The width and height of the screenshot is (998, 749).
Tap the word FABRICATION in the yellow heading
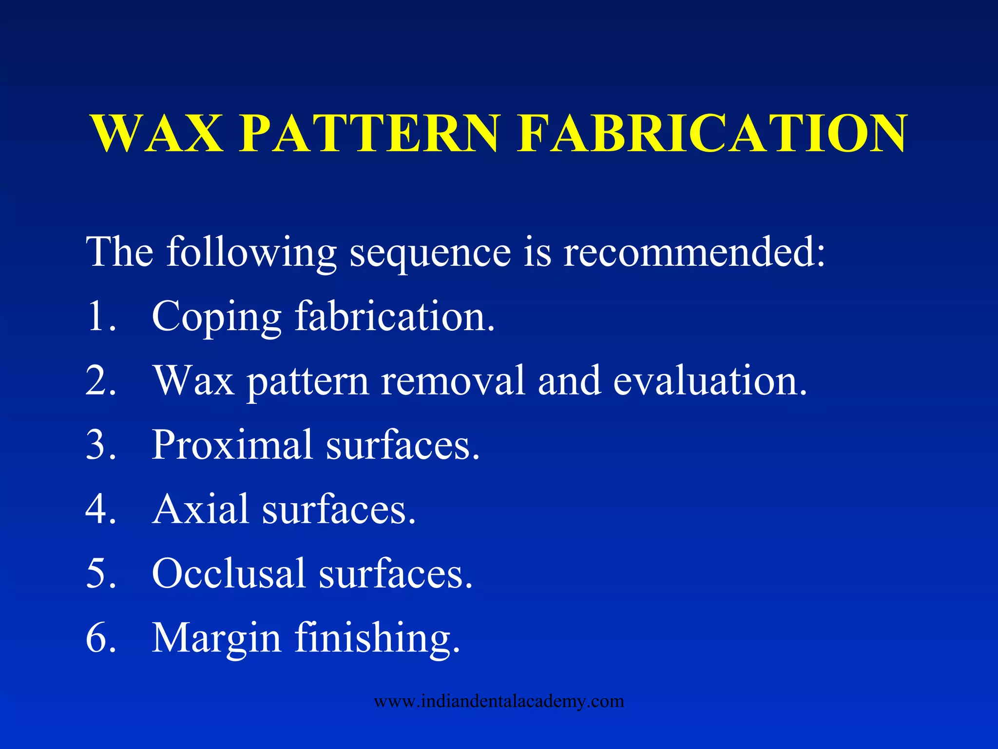[x=712, y=133]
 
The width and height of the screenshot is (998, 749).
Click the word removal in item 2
[x=453, y=380]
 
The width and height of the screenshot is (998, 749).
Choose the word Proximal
[x=232, y=444]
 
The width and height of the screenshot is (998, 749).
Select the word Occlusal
[x=229, y=573]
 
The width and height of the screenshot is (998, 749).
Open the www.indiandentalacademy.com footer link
[x=499, y=701]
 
